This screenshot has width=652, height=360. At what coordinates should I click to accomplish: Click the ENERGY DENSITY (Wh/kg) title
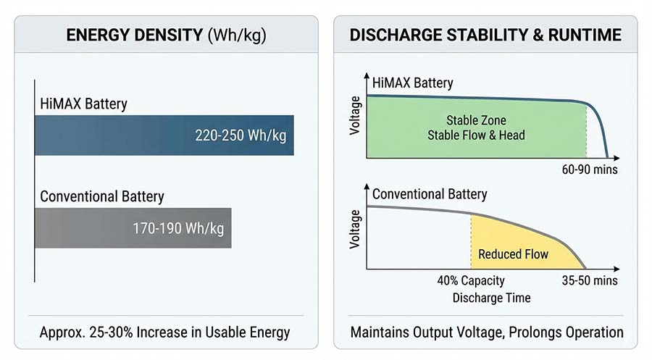coord(166,35)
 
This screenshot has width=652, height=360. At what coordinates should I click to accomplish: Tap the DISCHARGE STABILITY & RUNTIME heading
coord(485,35)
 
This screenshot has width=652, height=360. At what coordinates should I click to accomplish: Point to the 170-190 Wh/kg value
coord(177,228)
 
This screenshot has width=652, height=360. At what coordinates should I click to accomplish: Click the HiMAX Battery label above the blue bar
coord(83,104)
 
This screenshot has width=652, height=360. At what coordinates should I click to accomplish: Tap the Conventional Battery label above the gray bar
coord(102,196)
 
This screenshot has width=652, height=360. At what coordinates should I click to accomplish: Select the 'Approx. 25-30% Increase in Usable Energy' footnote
coord(164,332)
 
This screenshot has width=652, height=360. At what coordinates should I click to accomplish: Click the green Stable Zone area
coord(476,127)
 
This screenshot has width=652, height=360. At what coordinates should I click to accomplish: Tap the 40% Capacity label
coord(471,280)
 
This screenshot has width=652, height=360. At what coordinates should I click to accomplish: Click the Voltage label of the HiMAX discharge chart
coord(355,120)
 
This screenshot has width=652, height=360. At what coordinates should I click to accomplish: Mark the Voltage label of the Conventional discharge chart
coord(355,230)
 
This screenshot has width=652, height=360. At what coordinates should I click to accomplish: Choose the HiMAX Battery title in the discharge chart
coord(413,83)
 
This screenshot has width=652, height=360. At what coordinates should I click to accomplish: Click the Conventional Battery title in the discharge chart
coord(430,194)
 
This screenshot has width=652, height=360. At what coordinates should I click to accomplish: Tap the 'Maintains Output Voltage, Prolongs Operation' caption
coord(486,332)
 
